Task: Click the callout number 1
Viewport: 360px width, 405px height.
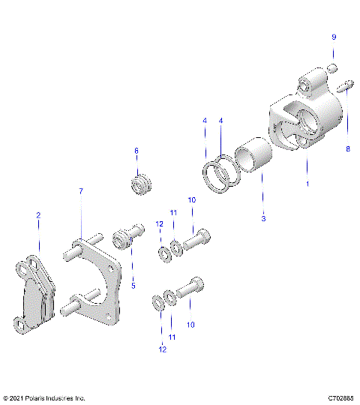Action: (x=306, y=183)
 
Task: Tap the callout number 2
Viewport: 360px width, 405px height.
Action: (x=39, y=215)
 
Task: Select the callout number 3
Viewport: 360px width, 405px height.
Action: (x=262, y=219)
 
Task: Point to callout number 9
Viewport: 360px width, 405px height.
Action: (x=334, y=37)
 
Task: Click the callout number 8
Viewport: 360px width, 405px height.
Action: (x=347, y=149)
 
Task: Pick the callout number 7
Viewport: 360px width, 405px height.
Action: (x=81, y=192)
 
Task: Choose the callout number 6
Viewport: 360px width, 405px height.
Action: (x=136, y=151)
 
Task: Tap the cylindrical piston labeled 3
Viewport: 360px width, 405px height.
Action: (x=252, y=160)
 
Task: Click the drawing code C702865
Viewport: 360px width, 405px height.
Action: (x=340, y=398)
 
